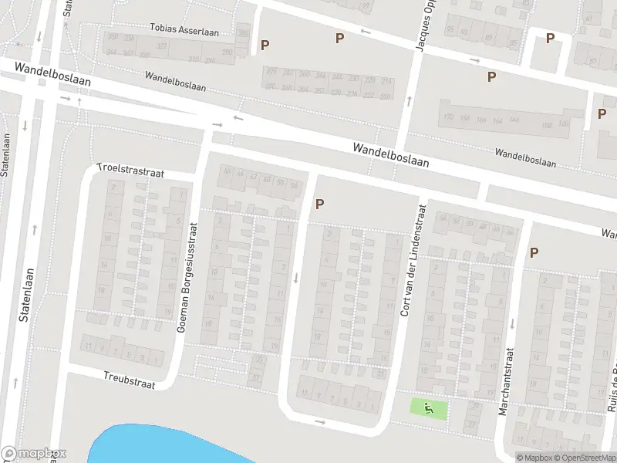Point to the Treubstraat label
coord(129,379)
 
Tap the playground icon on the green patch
coord(429,407)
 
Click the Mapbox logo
coord(34,454)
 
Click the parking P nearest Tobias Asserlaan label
coord(265,46)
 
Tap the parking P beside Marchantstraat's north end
coord(533,252)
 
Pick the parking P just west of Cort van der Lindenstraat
coord(319,204)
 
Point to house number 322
coord(162,46)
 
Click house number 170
coord(447,118)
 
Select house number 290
coord(227,52)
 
